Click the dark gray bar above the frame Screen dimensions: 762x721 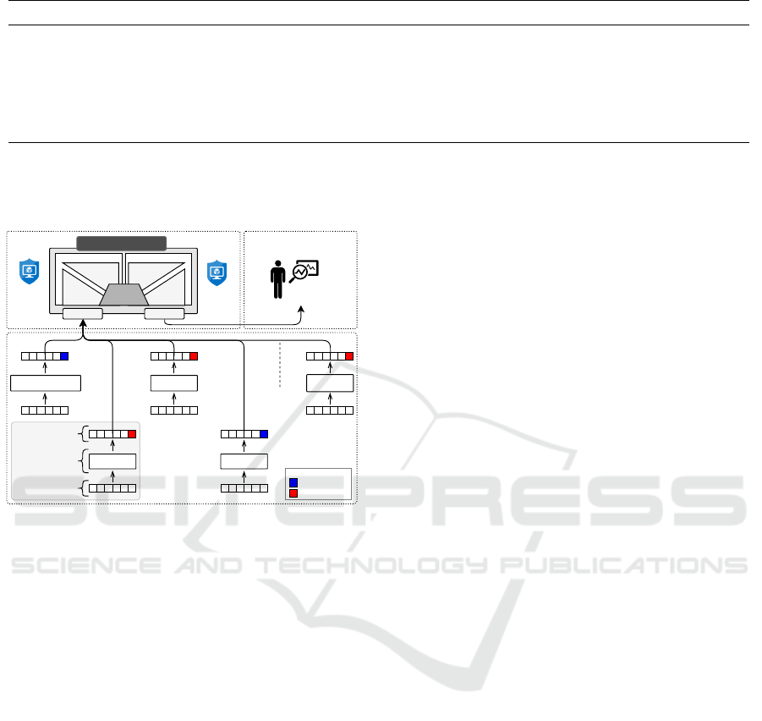pyautogui.click(x=122, y=243)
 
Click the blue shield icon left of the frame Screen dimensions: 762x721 pyautogui.click(x=29, y=272)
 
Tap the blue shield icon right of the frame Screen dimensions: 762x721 pyautogui.click(x=217, y=272)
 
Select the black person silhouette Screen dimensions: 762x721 pyautogui.click(x=278, y=279)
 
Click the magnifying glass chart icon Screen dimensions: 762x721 pyautogui.click(x=304, y=272)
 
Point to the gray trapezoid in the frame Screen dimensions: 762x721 pyautogui.click(x=124, y=294)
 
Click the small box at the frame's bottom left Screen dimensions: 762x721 pyautogui.click(x=83, y=314)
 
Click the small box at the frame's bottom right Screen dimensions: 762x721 pyautogui.click(x=164, y=314)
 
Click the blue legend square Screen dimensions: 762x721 pyautogui.click(x=293, y=482)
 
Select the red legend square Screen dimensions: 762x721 pyautogui.click(x=293, y=493)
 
